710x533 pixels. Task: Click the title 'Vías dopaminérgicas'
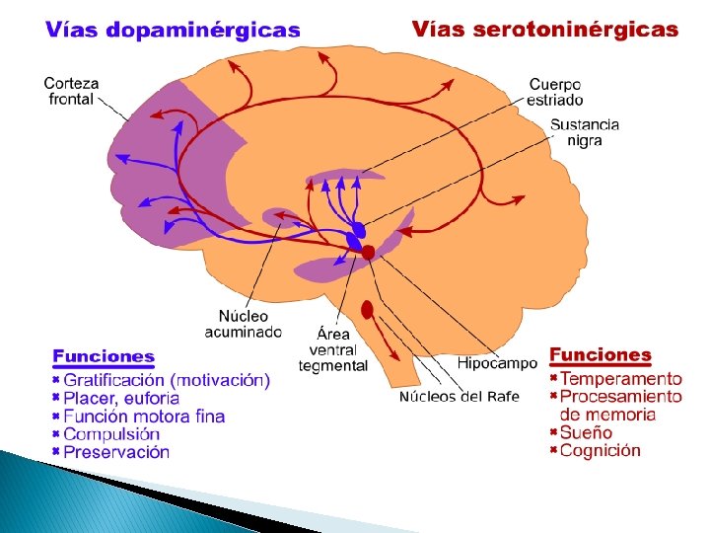(x=173, y=30)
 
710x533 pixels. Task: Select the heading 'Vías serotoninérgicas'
(x=545, y=30)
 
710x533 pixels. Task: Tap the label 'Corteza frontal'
(x=70, y=91)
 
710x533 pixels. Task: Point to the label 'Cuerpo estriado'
(x=555, y=92)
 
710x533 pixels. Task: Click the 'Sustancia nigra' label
(x=585, y=132)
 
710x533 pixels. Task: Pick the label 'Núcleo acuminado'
(x=243, y=324)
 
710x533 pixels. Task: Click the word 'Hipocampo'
(x=497, y=363)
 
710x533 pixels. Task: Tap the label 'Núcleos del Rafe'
(x=459, y=397)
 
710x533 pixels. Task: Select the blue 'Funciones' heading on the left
(x=104, y=356)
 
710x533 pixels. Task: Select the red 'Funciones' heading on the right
(x=600, y=354)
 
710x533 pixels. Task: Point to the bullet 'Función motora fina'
(x=144, y=416)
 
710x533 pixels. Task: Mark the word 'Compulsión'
(x=111, y=434)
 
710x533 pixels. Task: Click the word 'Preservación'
(x=116, y=452)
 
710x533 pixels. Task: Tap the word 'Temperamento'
(x=621, y=378)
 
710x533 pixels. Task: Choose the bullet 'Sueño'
(x=586, y=432)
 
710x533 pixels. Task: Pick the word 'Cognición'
(x=601, y=450)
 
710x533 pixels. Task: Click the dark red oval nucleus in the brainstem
(x=367, y=310)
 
